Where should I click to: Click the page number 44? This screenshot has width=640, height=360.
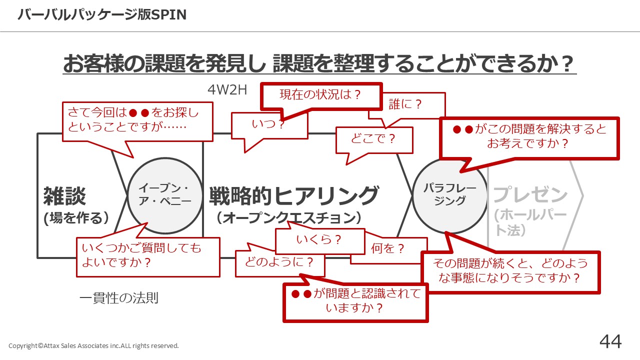coord(610,341)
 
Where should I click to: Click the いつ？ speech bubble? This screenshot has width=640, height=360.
coord(269,124)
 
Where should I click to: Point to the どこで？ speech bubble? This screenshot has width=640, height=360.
coord(373,139)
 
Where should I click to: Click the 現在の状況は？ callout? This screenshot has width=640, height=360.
coord(320,95)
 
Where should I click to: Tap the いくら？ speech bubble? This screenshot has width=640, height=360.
coord(319,240)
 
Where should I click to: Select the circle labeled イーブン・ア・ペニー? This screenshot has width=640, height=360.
coord(164,195)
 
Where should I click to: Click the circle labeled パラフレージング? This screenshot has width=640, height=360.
coord(449,195)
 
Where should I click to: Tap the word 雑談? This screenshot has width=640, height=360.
coord(64,195)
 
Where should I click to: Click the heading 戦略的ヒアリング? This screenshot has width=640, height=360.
coord(293,195)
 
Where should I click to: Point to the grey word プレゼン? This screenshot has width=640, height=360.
coord(530,194)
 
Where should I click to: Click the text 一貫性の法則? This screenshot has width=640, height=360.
coord(119,298)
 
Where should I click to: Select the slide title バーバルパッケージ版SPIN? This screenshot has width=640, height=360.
coord(102,15)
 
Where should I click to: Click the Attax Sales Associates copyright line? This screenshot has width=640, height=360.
coord(93,345)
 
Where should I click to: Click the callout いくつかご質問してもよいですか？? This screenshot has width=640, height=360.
coord(147,256)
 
